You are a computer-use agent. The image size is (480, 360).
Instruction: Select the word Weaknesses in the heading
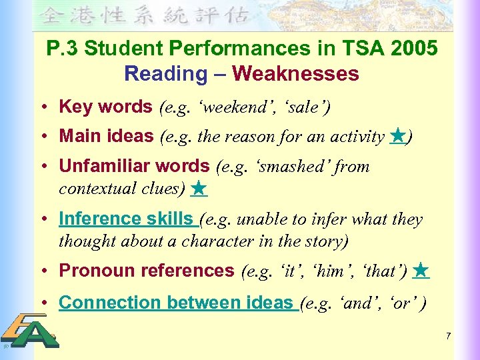click(x=295, y=73)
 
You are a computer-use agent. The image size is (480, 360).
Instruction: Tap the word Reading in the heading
click(x=165, y=73)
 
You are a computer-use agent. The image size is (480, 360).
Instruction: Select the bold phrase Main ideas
click(x=107, y=137)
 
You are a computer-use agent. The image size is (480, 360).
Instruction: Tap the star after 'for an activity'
click(x=397, y=137)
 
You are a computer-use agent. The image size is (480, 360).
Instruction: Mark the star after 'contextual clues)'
click(x=199, y=189)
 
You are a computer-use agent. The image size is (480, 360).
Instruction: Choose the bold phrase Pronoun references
click(x=147, y=271)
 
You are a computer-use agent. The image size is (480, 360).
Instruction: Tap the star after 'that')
click(x=421, y=271)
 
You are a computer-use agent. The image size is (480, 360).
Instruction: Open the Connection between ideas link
click(x=176, y=302)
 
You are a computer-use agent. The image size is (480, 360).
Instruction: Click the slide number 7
click(x=449, y=335)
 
